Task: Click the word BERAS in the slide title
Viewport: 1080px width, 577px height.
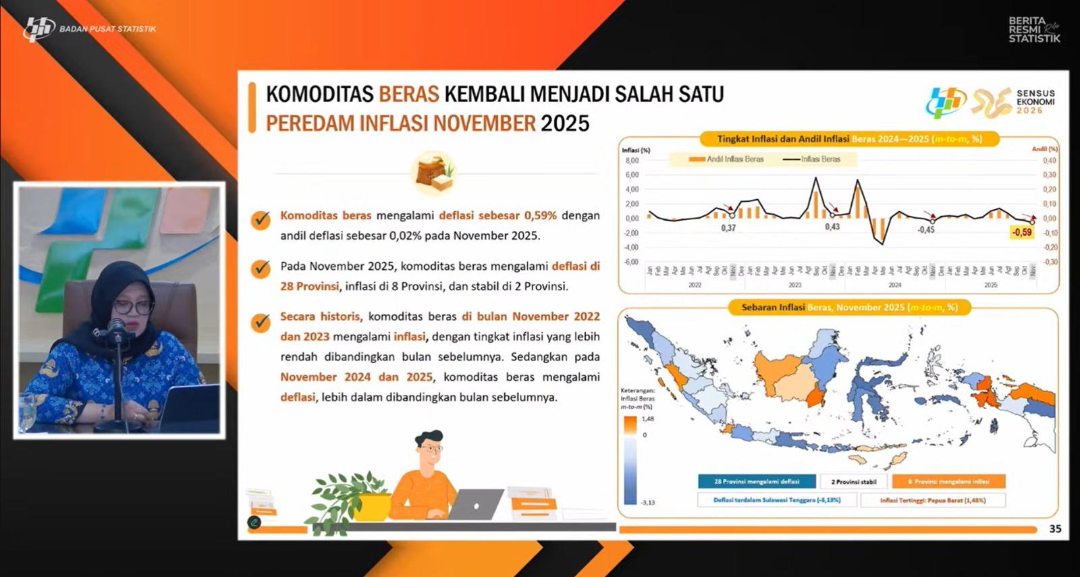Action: coord(408,94)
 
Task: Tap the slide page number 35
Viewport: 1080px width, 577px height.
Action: coord(1055,529)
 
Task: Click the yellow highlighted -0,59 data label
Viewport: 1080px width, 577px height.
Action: coord(1022,232)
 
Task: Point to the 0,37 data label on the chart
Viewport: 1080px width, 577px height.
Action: coord(728,228)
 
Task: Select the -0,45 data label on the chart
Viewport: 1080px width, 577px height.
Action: coord(926,229)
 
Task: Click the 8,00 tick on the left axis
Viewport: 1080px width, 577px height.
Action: coord(632,161)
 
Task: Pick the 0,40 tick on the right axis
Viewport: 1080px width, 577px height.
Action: coord(1050,161)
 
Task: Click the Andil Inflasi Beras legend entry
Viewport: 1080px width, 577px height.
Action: coord(726,159)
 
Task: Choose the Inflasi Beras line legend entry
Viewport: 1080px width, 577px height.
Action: coord(812,159)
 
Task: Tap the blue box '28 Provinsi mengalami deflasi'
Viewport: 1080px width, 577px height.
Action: coord(757,481)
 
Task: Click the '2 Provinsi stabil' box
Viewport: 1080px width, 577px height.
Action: coord(854,481)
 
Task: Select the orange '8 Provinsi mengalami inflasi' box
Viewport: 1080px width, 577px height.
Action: coord(948,481)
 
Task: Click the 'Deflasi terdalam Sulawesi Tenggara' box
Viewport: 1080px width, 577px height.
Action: coord(777,500)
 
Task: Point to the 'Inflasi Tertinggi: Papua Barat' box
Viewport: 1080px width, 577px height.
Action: coord(933,500)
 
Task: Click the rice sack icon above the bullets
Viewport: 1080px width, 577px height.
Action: coord(434,173)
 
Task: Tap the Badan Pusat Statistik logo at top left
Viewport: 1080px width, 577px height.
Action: coord(38,29)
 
